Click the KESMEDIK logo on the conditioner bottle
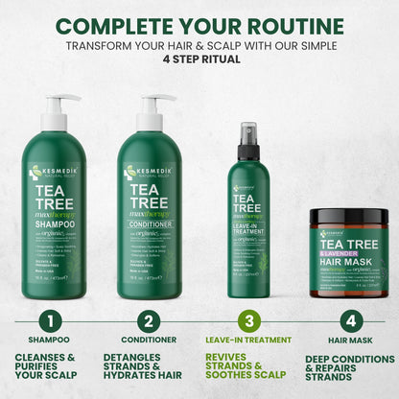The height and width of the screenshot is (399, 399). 147,174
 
